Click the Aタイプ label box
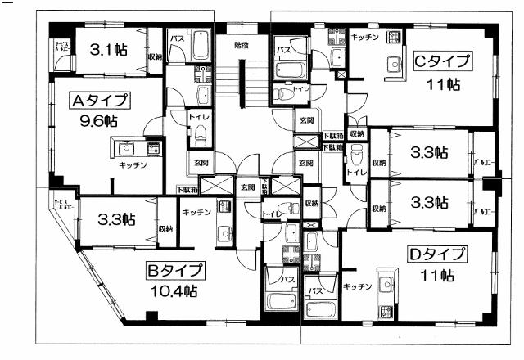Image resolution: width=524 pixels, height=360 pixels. pos(100,101)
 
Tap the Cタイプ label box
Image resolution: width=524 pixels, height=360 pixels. pos(442,61)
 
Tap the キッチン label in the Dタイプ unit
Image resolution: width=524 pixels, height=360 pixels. pos(359,286)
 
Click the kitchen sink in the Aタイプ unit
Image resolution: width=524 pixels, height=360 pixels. pos(126,148)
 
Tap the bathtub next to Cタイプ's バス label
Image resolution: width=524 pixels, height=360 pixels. pos(290,67)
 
